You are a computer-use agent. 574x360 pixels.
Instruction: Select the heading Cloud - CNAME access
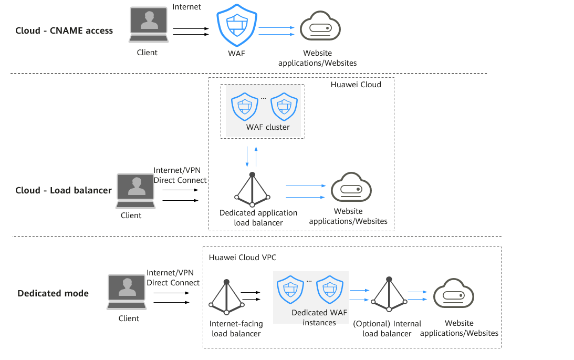coord(64,30)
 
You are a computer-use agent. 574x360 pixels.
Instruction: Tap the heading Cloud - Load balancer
coord(64,190)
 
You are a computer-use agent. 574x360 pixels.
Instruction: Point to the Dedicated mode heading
coord(53,293)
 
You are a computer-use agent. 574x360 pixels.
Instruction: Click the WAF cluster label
coord(268,127)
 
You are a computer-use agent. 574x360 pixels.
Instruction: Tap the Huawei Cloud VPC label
coord(243,258)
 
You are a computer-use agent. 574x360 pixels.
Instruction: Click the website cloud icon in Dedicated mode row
coord(454,294)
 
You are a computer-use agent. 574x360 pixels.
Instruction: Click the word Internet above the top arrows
coord(187,7)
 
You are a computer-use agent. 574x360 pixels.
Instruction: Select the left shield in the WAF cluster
coord(243,107)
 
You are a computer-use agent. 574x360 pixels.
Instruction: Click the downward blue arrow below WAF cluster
coord(247,157)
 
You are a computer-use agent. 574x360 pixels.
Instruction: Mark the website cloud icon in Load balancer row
coord(351,188)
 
